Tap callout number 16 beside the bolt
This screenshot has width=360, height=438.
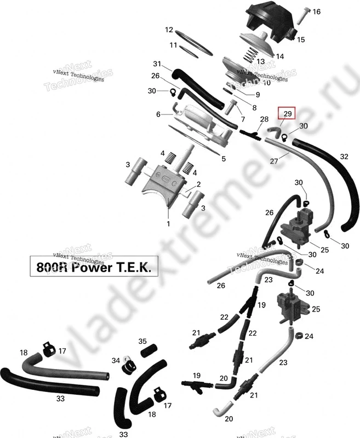coord(316,12)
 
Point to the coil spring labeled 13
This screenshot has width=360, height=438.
coord(250,54)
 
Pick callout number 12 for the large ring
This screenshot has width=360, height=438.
coord(169,30)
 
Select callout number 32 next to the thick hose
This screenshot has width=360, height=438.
coord(344,157)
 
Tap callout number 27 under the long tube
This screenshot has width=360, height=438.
coord(274,160)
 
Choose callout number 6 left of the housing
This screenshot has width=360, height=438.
coord(158,114)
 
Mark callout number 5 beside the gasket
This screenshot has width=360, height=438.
coord(224,159)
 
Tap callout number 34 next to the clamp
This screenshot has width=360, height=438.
coord(116,361)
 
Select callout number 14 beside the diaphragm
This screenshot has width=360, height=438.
coord(279,56)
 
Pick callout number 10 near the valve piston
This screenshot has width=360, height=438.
coord(267,83)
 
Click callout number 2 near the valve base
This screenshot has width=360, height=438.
coord(198,184)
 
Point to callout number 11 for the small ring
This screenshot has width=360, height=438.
coord(173,45)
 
